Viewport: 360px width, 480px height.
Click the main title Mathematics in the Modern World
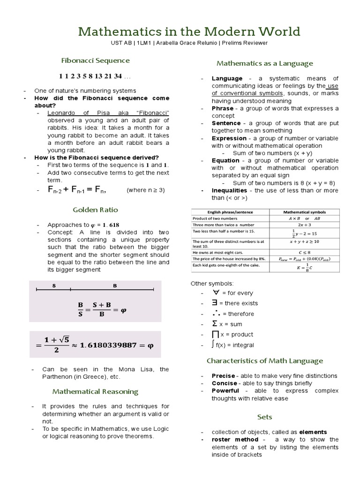point(189,31)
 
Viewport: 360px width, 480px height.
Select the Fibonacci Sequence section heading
point(96,60)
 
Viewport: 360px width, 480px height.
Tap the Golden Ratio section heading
point(96,210)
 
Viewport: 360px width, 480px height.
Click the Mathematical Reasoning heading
point(96,391)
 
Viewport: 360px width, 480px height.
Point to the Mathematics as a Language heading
point(264,63)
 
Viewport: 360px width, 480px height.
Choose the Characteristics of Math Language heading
point(265,360)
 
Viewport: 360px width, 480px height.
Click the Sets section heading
point(264,417)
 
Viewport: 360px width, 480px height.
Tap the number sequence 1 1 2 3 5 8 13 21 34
point(90,76)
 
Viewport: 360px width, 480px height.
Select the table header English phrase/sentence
point(230,212)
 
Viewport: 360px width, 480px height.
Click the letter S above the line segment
point(54,285)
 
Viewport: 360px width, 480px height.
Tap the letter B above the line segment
point(115,285)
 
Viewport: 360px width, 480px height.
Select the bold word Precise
point(223,376)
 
